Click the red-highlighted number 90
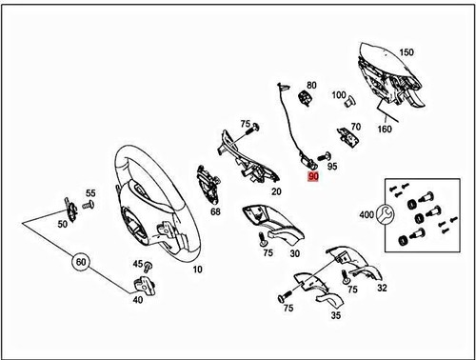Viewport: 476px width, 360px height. (313, 176)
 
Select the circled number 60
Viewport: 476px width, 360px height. (81, 262)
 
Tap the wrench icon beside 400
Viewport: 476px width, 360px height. (385, 214)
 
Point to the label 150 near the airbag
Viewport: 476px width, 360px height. (407, 52)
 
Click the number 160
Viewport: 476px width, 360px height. (385, 129)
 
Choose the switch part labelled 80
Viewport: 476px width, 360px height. (306, 97)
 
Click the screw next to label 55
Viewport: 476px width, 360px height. (89, 205)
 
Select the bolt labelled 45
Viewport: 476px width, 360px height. (148, 267)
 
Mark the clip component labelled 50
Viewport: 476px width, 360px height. (71, 210)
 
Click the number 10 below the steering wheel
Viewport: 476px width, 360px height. (197, 270)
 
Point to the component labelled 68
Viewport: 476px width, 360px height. (207, 184)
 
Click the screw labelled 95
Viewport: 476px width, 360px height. (324, 156)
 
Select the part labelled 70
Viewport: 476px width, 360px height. (347, 137)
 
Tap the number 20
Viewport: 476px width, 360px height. (276, 191)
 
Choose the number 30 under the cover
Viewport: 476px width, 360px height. (295, 253)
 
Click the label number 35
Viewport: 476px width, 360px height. (336, 315)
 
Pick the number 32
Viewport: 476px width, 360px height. (382, 288)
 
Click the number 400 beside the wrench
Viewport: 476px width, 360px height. (367, 215)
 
